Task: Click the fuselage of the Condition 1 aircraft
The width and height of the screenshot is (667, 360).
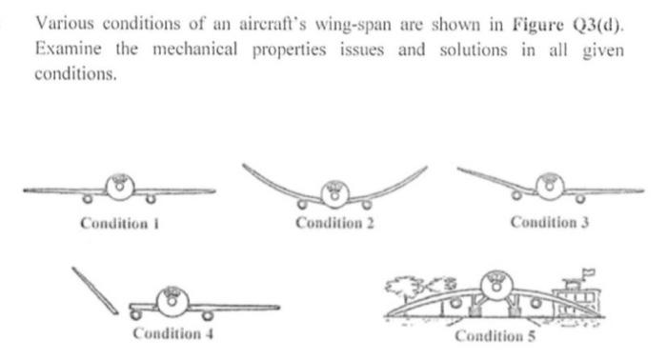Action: pos(119,187)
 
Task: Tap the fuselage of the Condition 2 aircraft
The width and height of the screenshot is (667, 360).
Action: pos(333,192)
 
